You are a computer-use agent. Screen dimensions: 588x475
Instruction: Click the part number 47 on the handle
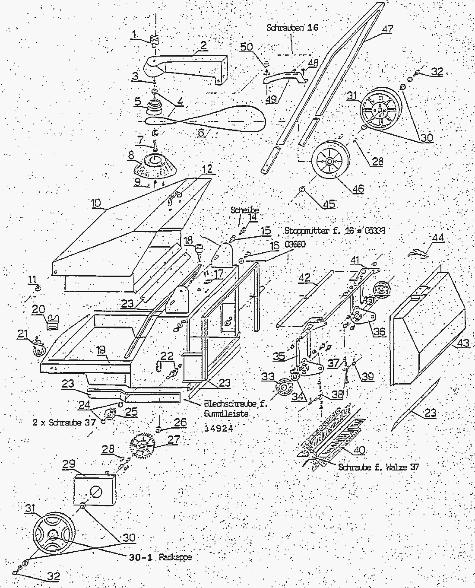(387, 29)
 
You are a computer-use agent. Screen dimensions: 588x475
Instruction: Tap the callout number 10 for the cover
(96, 202)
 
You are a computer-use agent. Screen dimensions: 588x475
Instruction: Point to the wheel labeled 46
(329, 161)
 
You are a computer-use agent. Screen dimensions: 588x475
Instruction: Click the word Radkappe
(175, 557)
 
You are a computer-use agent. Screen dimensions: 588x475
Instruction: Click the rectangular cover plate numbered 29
(95, 490)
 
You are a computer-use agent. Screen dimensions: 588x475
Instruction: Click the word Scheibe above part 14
(244, 210)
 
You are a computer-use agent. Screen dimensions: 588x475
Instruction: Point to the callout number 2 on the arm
(203, 44)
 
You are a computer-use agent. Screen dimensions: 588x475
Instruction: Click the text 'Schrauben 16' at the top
(292, 28)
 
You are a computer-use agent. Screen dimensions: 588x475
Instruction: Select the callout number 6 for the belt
(201, 132)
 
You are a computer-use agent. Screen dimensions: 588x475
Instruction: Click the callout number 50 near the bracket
(247, 46)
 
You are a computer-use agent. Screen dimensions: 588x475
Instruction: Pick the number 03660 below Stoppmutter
(295, 245)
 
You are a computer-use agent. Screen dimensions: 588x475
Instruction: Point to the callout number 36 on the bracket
(379, 331)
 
